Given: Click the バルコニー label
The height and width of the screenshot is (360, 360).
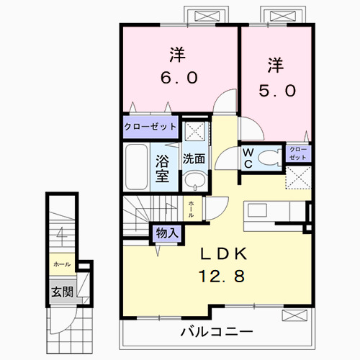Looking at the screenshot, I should coord(216,333).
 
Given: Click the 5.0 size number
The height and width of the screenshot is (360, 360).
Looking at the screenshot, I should coord(276,91).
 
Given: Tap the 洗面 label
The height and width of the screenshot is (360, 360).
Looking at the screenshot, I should coord(192,157).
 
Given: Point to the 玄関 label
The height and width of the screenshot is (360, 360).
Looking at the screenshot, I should coord(61,292).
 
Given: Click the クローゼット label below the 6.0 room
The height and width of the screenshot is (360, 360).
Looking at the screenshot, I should coord(150,127).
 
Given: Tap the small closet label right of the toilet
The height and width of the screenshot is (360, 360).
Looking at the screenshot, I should coord(298,153).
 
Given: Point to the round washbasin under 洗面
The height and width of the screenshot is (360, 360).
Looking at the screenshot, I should coord(192,180).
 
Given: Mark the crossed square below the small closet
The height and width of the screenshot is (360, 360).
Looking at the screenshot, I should coord(299,176).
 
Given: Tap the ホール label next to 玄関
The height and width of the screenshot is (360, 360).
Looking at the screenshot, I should coord(61,265).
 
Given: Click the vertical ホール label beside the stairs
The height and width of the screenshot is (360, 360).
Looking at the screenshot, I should coord(191,208).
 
